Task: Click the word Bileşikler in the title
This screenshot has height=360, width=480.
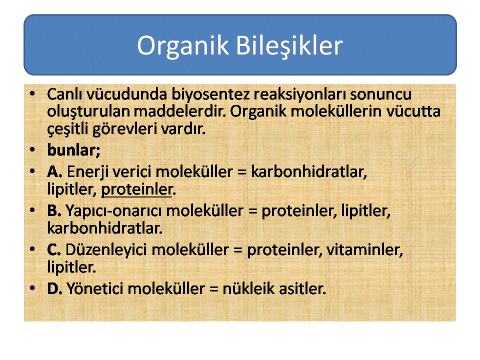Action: pyautogui.click(x=289, y=46)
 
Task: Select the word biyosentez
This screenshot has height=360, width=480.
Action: pyautogui.click(x=210, y=94)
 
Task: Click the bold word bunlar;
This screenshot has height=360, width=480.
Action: pyautogui.click(x=74, y=150)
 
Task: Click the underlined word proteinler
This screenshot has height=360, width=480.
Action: pyautogui.click(x=136, y=189)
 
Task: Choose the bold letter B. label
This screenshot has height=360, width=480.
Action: pyautogui.click(x=54, y=211)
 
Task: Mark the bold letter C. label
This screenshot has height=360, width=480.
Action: pyautogui.click(x=54, y=250)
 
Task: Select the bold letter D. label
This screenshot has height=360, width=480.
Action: pyautogui.click(x=55, y=289)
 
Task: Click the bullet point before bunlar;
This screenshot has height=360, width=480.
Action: pyautogui.click(x=32, y=149)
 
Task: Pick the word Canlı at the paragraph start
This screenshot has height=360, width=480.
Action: pyautogui.click(x=64, y=94)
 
